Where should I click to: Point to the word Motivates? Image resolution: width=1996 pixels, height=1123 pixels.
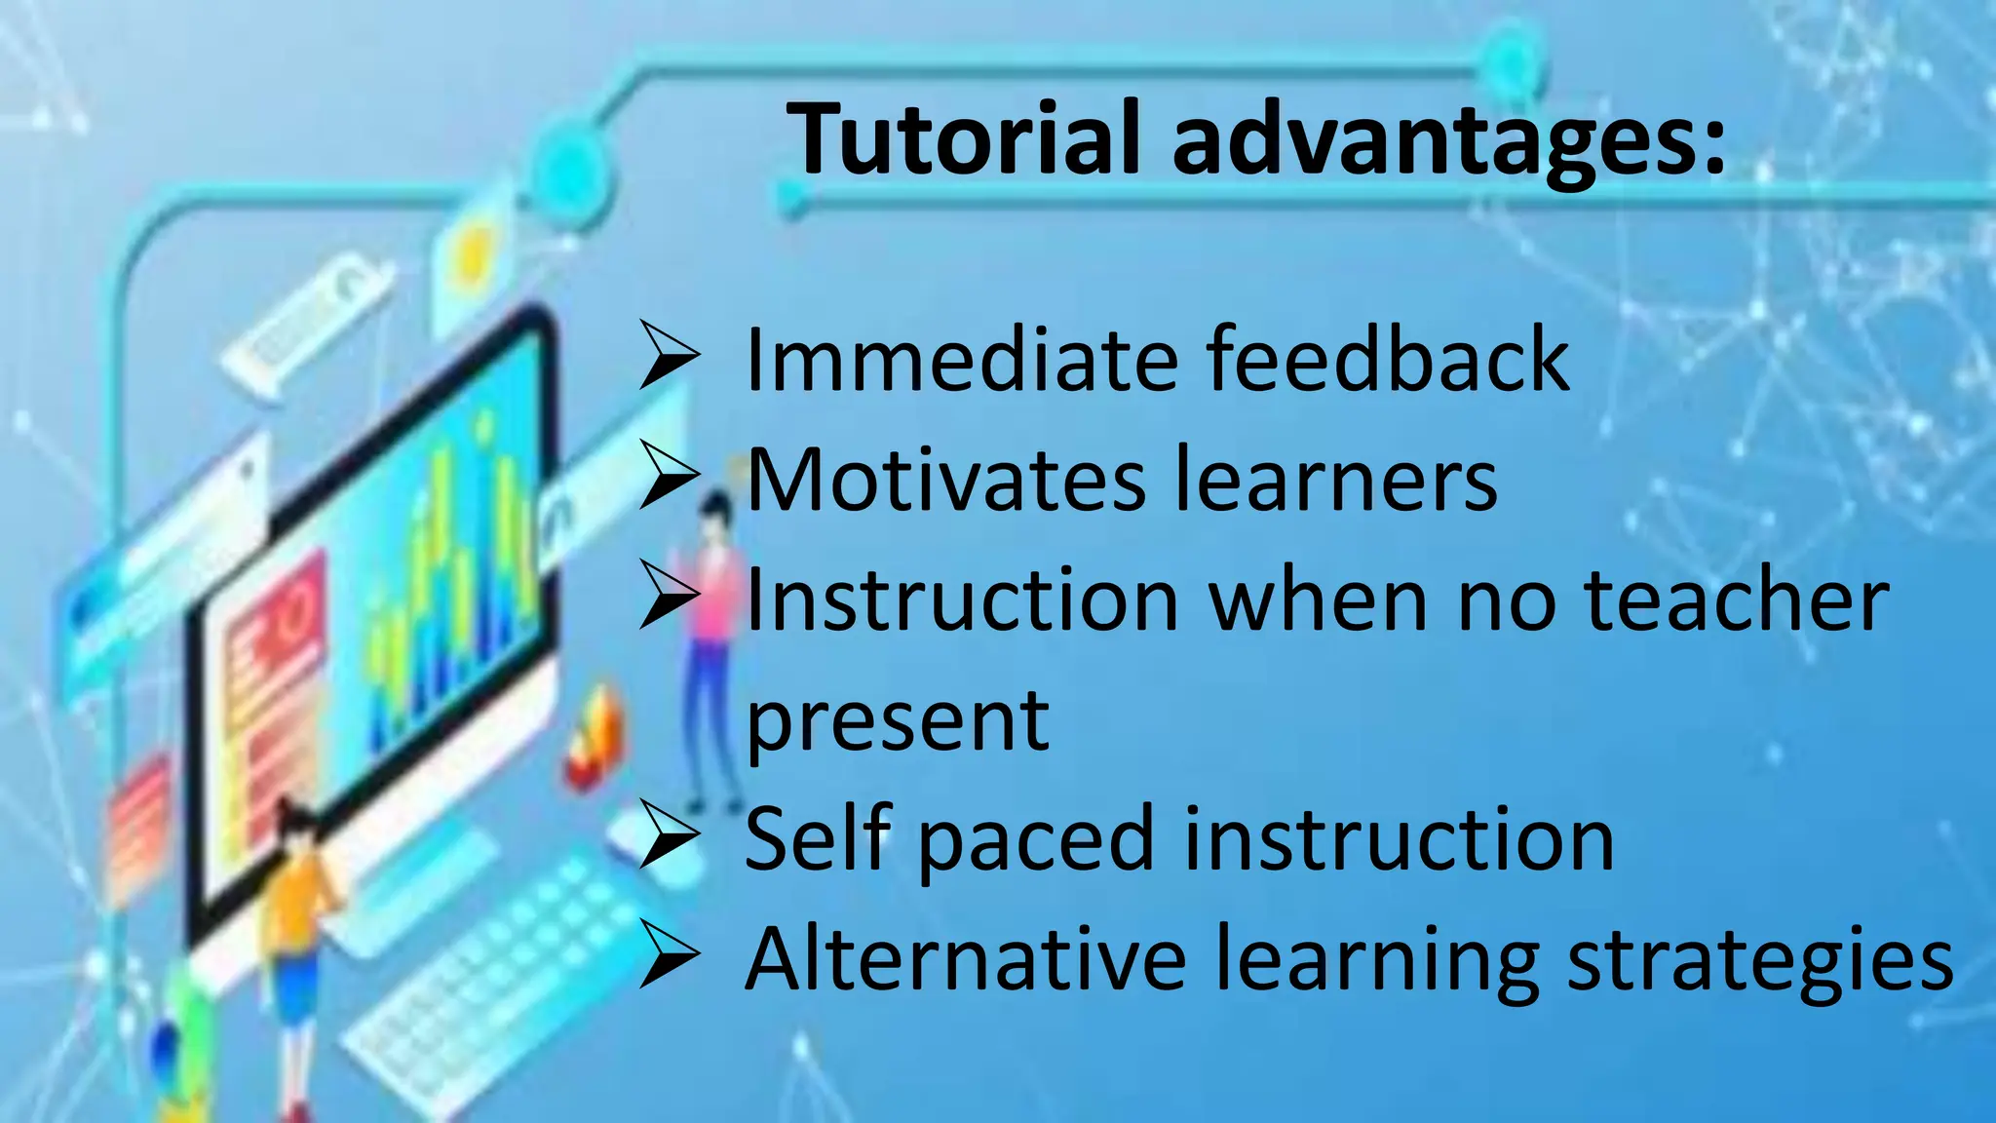pos(945,481)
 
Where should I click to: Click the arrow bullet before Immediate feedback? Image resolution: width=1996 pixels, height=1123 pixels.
pos(669,357)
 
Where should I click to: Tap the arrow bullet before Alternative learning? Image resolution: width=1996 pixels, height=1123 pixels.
pos(669,956)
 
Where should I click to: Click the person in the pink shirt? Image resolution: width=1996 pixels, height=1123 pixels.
pos(711,624)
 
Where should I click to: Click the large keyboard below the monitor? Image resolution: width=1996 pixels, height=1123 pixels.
pos(487,994)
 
